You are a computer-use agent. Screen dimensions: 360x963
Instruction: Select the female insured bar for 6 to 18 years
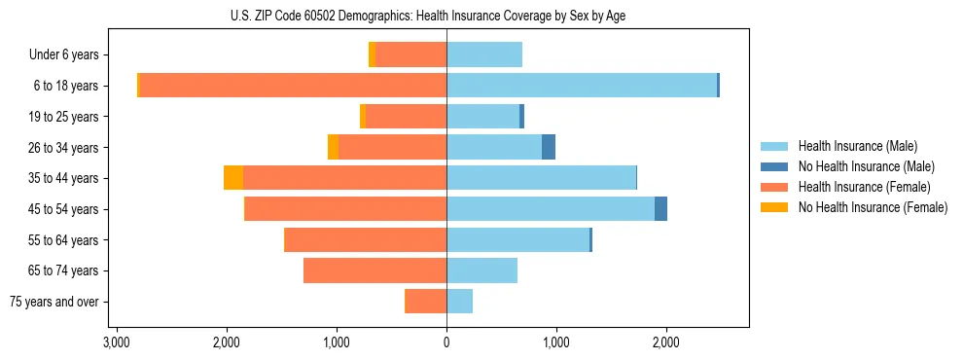(x=292, y=86)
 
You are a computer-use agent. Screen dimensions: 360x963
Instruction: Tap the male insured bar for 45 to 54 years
(x=551, y=208)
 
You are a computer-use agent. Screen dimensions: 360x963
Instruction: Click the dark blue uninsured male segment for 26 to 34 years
(x=549, y=147)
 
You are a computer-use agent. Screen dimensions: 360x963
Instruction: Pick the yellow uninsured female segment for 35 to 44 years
(x=233, y=178)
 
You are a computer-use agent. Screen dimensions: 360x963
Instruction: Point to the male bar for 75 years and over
(x=459, y=302)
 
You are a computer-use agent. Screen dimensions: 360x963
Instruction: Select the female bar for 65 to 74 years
(x=374, y=270)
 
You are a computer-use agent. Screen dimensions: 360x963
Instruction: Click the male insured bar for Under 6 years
(x=484, y=54)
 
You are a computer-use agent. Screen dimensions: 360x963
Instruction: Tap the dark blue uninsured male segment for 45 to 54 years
(x=660, y=208)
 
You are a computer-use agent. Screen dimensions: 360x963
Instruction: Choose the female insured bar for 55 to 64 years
(x=365, y=239)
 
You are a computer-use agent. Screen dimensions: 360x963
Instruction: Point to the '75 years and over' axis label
(x=54, y=303)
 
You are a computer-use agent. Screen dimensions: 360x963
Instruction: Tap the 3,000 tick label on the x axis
(x=117, y=342)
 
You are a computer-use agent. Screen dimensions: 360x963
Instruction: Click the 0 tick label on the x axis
(x=446, y=342)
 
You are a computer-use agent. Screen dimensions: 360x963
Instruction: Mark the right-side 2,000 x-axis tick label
(x=666, y=342)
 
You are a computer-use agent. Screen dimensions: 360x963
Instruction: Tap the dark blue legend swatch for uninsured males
(x=774, y=166)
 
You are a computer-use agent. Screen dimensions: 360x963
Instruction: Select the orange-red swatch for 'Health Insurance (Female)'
(x=774, y=187)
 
